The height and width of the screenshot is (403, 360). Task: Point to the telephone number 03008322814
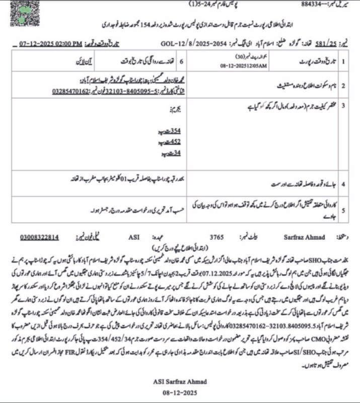40,236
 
